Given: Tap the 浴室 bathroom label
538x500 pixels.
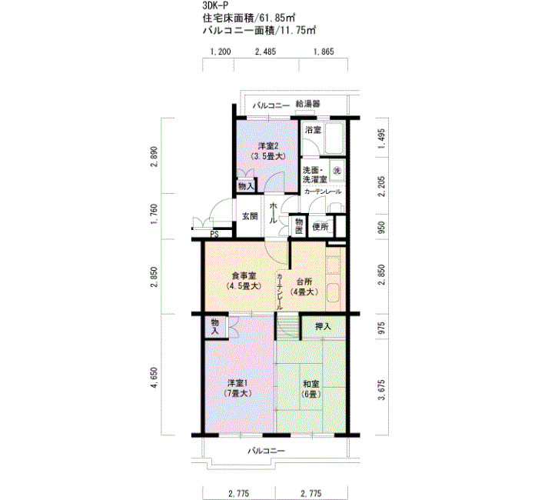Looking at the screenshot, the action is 313,130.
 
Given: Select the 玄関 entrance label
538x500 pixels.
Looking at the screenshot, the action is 250,216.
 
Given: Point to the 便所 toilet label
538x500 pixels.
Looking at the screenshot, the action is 320,227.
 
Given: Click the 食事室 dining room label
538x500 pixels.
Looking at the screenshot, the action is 244,275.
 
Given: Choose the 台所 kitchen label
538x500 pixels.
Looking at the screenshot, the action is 304,282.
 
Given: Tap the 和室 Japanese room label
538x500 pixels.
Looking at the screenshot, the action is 311,384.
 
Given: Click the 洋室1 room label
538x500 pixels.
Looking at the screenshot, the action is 238,383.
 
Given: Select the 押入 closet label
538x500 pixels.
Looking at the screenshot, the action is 323,326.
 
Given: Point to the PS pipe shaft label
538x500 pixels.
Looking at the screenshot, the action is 214,235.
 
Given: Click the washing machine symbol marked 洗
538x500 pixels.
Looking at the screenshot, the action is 337,170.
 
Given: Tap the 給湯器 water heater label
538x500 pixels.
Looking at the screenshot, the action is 307,104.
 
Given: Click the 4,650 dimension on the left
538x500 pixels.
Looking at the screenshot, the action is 154,378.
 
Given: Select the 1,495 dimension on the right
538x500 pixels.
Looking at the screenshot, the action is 381,138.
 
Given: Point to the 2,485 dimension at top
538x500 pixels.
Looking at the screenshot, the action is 266,52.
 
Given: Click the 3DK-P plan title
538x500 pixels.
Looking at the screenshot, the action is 215,5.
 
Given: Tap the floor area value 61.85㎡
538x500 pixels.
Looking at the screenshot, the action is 277,17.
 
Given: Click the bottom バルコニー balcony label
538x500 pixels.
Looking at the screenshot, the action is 266,451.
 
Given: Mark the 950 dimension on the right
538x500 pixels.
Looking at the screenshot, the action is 381,226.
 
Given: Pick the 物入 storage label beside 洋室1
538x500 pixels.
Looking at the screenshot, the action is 215,327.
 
